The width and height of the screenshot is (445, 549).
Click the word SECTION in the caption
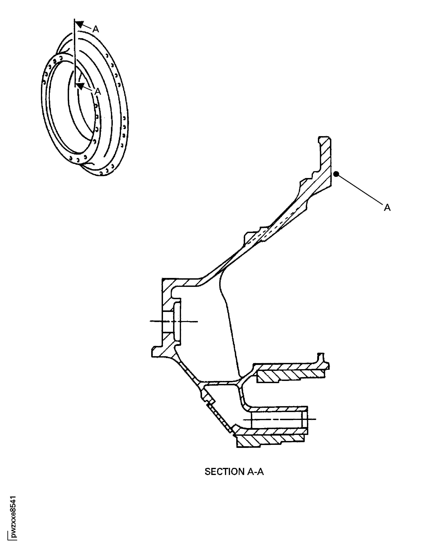(x=224, y=472)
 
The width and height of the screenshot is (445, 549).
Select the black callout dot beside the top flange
(x=336, y=174)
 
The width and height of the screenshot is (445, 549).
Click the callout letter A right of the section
(x=387, y=207)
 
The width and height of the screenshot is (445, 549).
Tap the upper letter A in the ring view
(x=96, y=29)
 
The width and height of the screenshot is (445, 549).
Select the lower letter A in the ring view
(x=98, y=92)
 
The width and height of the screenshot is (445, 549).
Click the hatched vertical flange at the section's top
(x=325, y=161)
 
